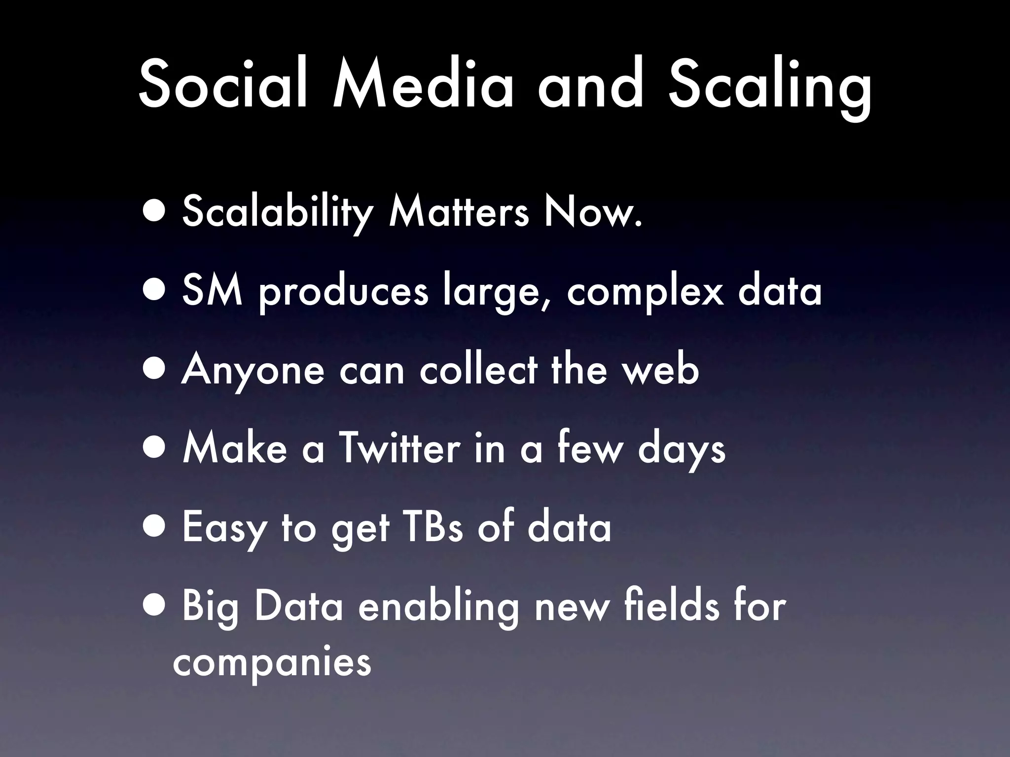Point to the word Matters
459,212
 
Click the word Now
592,212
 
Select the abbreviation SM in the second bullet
212,291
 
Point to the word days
681,451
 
